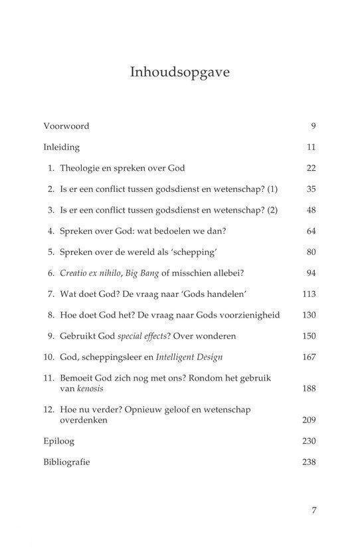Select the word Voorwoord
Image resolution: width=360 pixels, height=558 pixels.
[66, 126]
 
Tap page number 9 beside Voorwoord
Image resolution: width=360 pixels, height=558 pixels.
[313, 126]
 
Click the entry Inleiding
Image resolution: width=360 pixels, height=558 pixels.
[61, 147]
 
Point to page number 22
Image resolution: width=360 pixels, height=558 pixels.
[311, 169]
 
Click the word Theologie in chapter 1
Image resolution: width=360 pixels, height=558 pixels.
[82, 169]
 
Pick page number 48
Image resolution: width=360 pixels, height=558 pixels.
[311, 211]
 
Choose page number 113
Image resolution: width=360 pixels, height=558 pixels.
[309, 294]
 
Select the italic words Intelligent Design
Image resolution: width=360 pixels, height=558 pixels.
[189, 357]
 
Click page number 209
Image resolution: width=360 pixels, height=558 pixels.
[309, 420]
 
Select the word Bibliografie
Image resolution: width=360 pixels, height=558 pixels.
[66, 462]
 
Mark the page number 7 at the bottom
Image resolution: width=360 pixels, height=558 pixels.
[314, 510]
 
